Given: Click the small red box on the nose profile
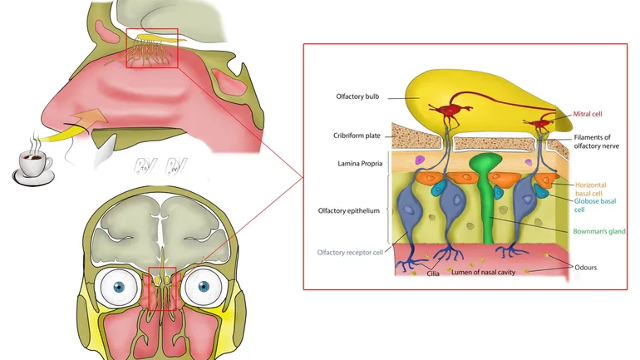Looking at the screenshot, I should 152,47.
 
